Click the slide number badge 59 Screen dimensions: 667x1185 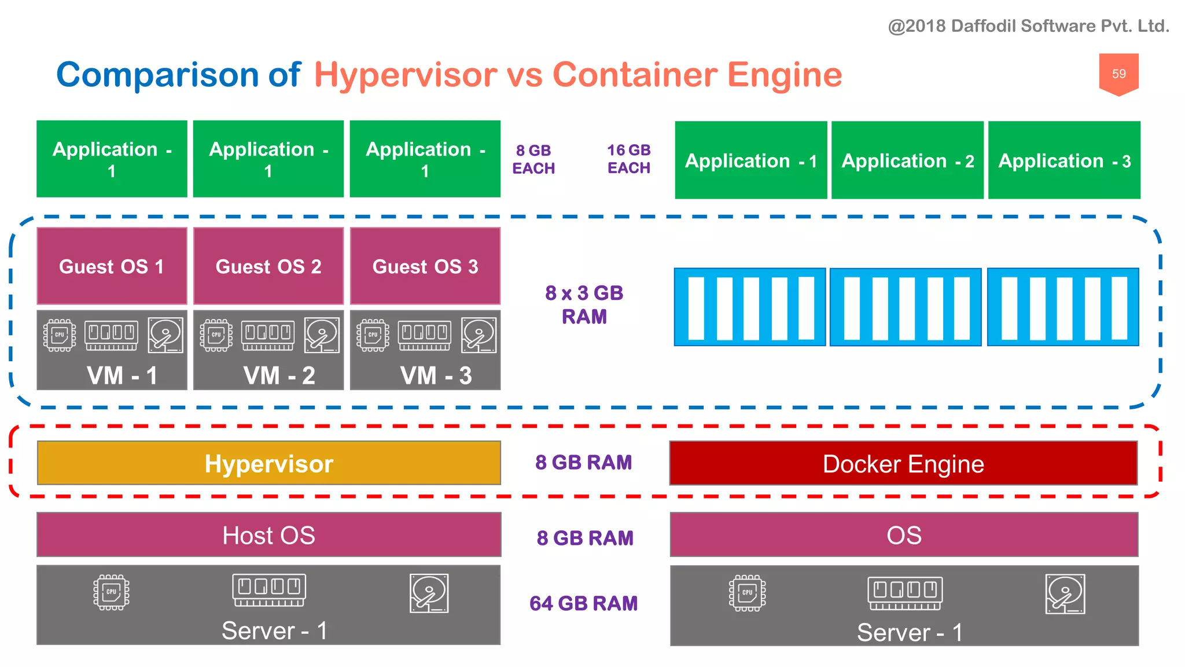[x=1118, y=74]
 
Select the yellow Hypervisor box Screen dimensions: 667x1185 [x=269, y=463]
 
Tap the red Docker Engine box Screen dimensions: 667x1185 [x=903, y=463]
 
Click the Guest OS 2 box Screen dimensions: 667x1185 [x=268, y=266]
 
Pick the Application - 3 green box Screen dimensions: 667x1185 [x=1064, y=160]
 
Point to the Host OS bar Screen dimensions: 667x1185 [x=269, y=535]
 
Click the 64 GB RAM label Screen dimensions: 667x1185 [x=583, y=603]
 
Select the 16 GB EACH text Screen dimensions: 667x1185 [x=629, y=159]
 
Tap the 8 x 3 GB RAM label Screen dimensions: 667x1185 [x=584, y=305]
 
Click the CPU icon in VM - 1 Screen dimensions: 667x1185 [x=60, y=335]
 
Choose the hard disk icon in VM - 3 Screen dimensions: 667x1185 [x=479, y=335]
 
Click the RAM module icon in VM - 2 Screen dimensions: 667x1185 [x=268, y=335]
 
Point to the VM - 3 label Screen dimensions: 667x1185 [x=436, y=376]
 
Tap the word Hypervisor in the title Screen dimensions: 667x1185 [x=405, y=75]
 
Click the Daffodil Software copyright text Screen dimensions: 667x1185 [x=1028, y=26]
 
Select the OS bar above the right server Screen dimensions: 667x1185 [x=904, y=535]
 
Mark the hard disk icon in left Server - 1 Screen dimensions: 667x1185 [x=429, y=593]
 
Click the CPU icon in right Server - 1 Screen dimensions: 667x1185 [x=747, y=593]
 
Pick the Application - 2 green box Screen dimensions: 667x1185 [x=907, y=160]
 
